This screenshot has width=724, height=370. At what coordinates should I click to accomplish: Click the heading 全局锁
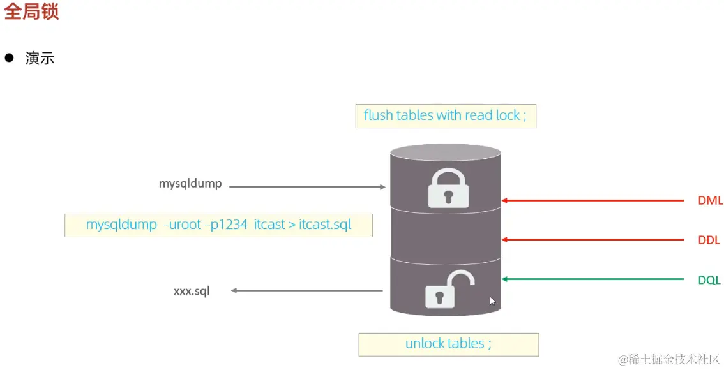[x=32, y=11]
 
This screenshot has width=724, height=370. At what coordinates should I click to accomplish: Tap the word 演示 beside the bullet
[x=40, y=58]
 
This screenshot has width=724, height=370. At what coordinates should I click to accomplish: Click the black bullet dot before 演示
[x=9, y=57]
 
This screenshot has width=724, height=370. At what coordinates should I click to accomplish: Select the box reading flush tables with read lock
[x=445, y=115]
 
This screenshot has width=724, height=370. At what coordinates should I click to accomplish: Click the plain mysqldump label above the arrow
[x=190, y=184]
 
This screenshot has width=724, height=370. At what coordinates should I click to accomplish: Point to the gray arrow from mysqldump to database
[x=306, y=187]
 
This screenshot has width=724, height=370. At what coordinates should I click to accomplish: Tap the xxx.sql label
[x=191, y=292]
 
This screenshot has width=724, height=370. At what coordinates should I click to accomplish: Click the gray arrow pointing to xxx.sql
[x=306, y=291]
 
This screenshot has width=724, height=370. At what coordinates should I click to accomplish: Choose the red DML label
[x=710, y=201]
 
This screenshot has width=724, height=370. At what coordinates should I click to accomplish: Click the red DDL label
[x=709, y=241]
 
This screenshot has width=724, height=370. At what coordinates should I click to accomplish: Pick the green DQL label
[x=709, y=280]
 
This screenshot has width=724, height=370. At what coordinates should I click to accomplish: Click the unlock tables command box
[x=448, y=344]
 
